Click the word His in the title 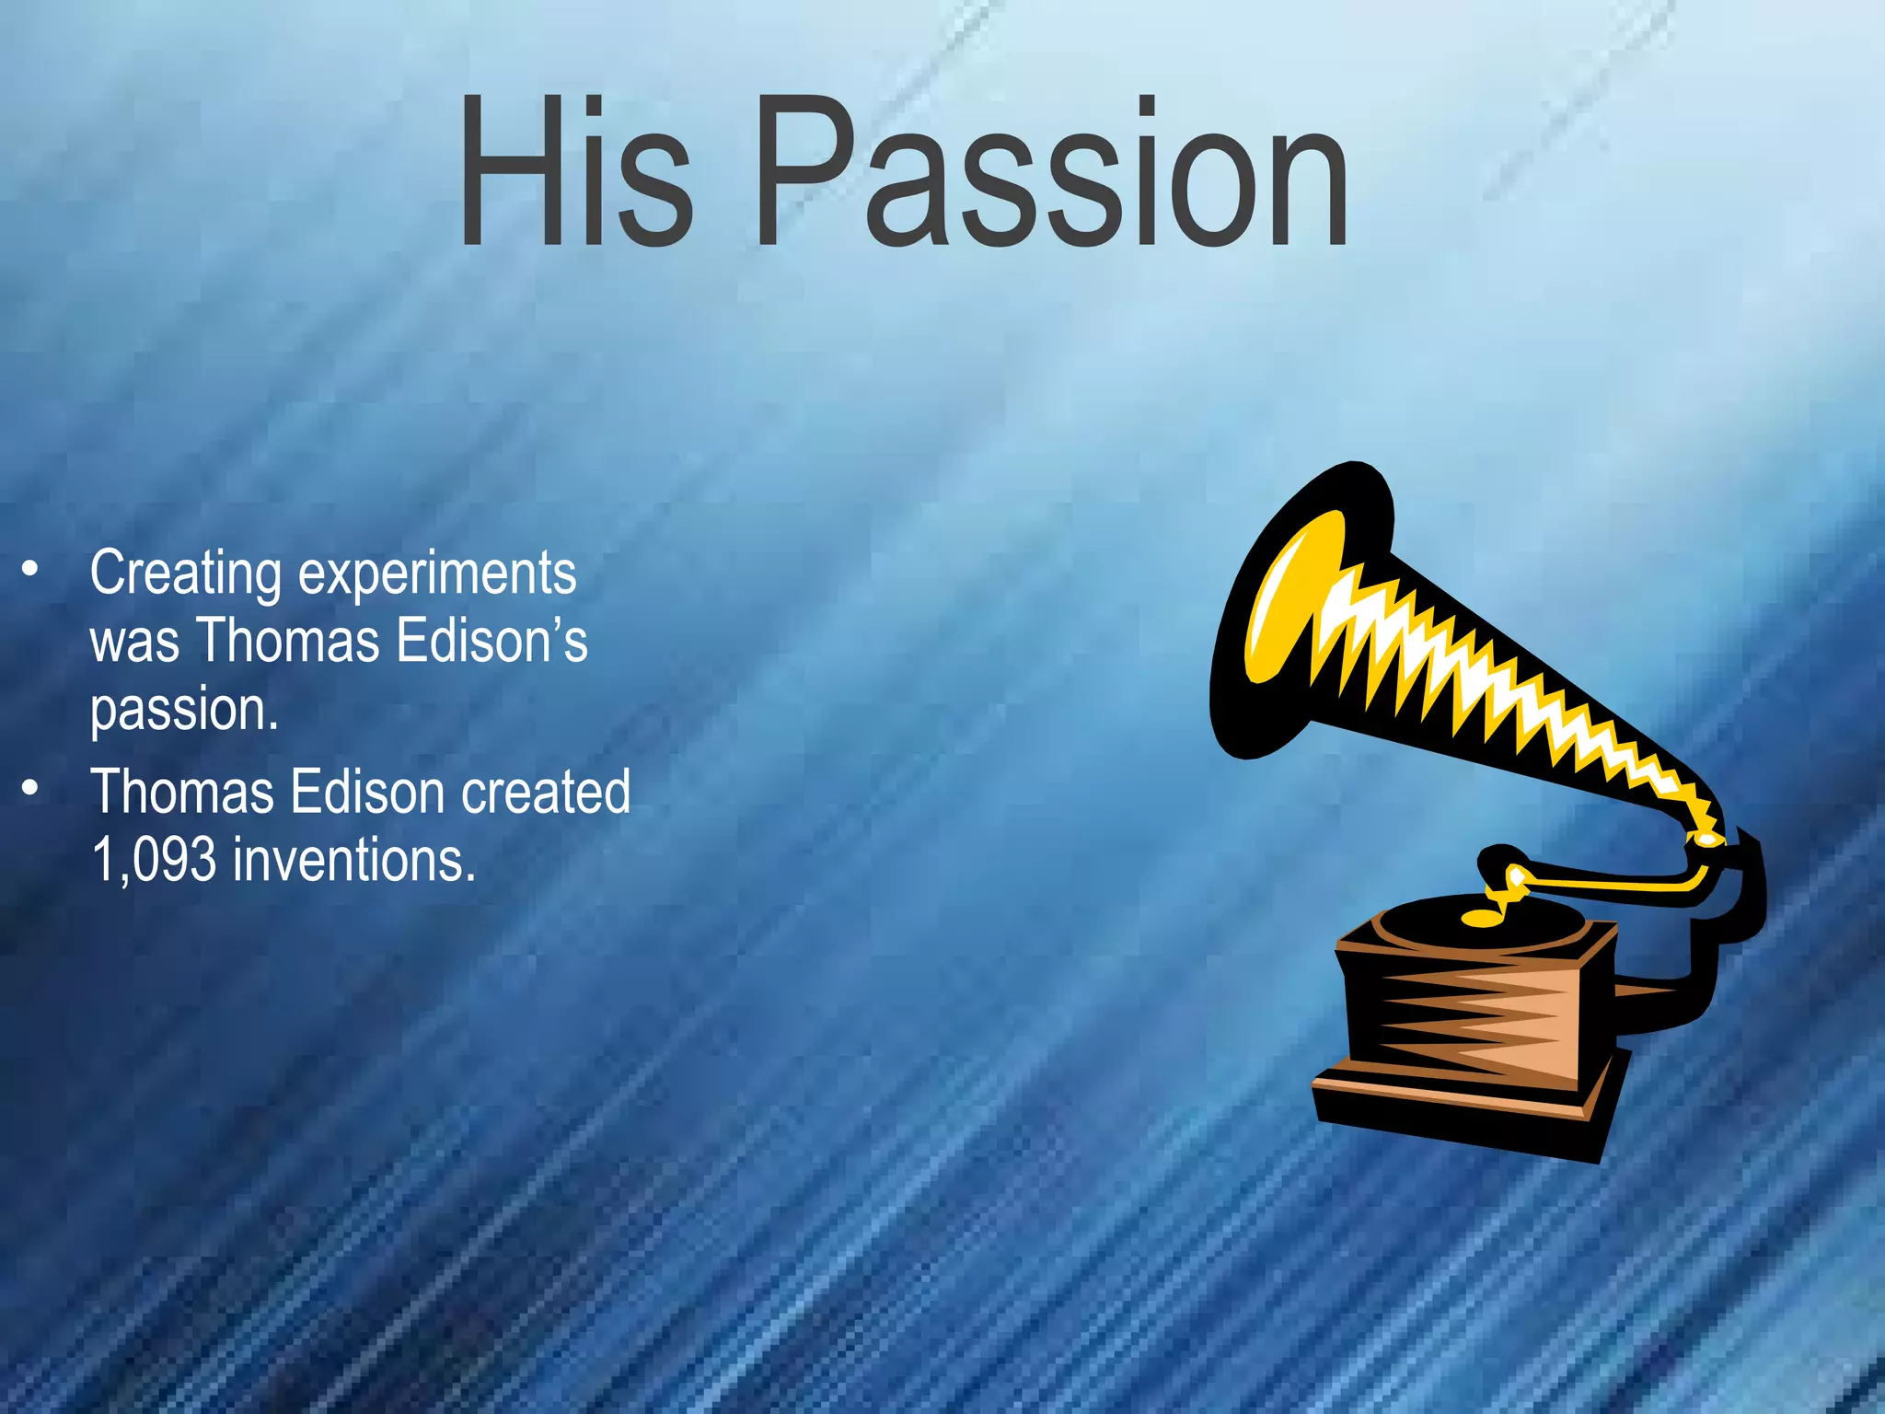(x=575, y=172)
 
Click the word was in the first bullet (x=134, y=642)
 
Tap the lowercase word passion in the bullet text (x=183, y=712)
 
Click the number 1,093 (x=154, y=860)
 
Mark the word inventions (x=354, y=860)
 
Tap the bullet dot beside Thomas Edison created (x=31, y=788)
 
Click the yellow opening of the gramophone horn (x=1289, y=598)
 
